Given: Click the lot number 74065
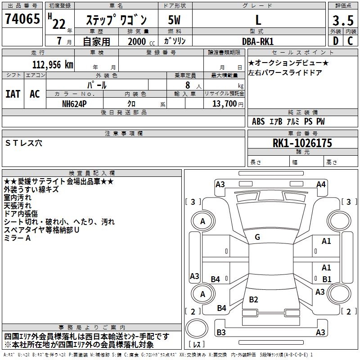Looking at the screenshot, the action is click(x=22, y=19).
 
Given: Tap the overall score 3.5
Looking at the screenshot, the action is click(x=342, y=21).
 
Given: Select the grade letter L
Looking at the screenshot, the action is click(x=258, y=20).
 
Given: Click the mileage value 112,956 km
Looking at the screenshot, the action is click(x=53, y=64).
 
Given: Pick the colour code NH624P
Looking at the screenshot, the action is click(x=75, y=103).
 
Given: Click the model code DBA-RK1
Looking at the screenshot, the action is click(x=257, y=41).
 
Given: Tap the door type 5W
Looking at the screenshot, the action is click(x=175, y=20).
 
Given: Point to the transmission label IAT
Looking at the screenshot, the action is click(x=13, y=94).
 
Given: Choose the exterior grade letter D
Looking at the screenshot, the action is click(x=336, y=41).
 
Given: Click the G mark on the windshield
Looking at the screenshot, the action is click(x=257, y=237).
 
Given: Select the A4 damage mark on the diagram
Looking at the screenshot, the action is click(x=321, y=184).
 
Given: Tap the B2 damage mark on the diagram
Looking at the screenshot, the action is click(x=254, y=300).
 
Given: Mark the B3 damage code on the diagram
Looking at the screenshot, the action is click(x=221, y=333).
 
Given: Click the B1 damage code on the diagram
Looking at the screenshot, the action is click(x=327, y=279).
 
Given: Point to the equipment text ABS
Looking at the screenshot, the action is click(x=258, y=121).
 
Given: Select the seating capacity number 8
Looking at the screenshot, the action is click(x=187, y=85).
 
